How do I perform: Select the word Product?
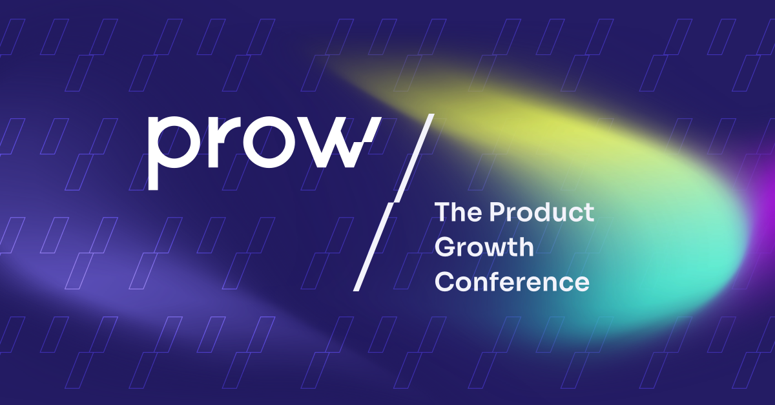(x=541, y=212)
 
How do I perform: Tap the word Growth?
(x=484, y=247)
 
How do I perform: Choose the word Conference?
(x=512, y=282)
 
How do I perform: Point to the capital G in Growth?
(x=444, y=247)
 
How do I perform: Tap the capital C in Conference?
(x=444, y=282)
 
